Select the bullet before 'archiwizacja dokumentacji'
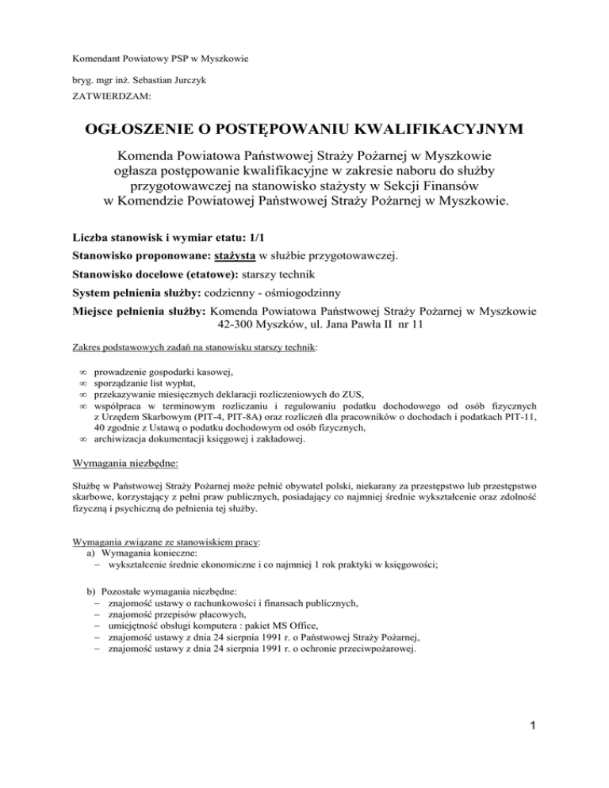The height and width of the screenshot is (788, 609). point(83,442)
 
